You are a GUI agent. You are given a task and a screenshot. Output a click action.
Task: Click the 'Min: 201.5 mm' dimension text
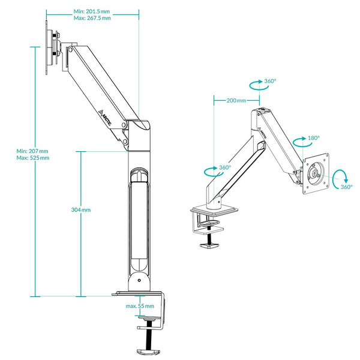click(92, 11)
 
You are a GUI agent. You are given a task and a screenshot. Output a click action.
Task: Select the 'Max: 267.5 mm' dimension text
click(92, 19)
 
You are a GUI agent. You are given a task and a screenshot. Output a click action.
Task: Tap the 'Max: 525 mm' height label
click(33, 158)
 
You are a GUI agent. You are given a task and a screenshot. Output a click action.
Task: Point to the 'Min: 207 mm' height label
click(32, 151)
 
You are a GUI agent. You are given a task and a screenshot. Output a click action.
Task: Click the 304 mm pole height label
click(80, 210)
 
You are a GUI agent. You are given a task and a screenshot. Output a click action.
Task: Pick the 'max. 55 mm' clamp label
click(140, 307)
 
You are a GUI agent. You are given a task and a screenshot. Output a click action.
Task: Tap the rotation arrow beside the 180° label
click(298, 142)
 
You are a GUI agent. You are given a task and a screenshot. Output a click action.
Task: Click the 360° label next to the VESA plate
click(346, 187)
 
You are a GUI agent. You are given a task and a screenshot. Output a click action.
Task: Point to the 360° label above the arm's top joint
click(271, 81)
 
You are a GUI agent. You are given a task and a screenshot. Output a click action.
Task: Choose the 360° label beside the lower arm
click(224, 167)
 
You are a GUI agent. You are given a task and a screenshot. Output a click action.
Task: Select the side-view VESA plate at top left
click(49, 48)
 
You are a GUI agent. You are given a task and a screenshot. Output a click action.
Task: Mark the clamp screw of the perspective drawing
click(211, 238)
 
